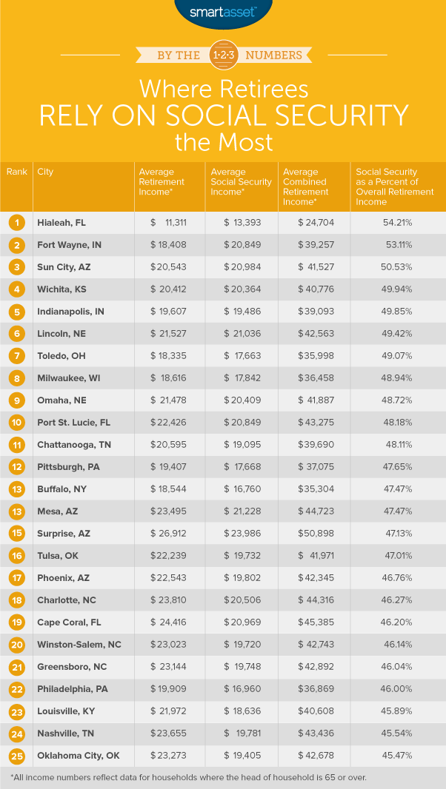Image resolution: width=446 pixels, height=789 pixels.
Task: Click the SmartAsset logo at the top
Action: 223,12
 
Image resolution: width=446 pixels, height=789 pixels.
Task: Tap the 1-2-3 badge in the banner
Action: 223,54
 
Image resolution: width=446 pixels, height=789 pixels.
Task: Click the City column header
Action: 45,172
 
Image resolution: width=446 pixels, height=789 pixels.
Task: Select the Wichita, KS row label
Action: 61,289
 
